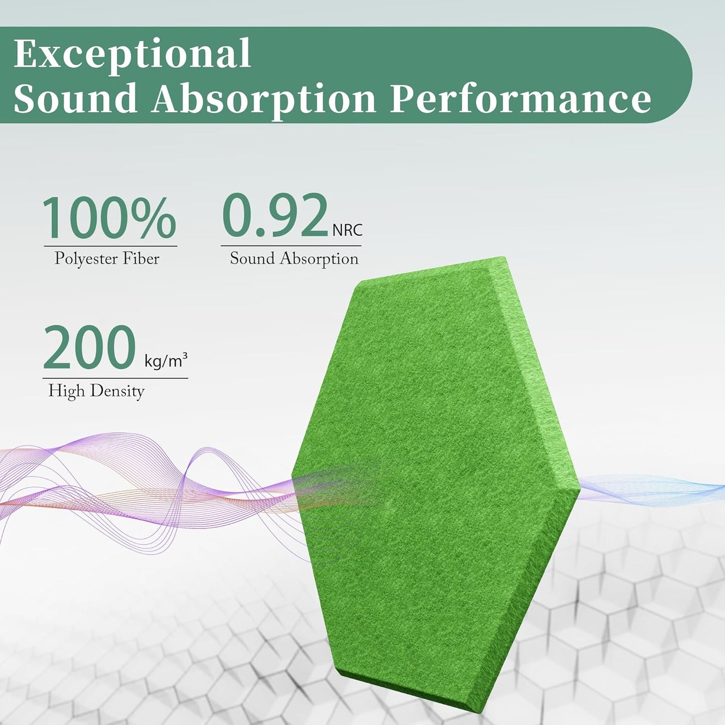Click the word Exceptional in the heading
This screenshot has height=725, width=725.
[132, 54]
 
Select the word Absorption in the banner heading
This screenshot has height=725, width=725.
[264, 98]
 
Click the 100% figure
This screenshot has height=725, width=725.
[109, 218]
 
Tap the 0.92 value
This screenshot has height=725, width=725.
[275, 216]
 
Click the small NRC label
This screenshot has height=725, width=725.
[347, 230]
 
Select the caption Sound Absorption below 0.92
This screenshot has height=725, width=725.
[294, 258]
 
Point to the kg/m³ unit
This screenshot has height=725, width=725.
[166, 360]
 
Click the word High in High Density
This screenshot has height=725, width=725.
[66, 390]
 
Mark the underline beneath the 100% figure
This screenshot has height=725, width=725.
[110, 246]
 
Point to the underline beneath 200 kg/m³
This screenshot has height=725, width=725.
[115, 378]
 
